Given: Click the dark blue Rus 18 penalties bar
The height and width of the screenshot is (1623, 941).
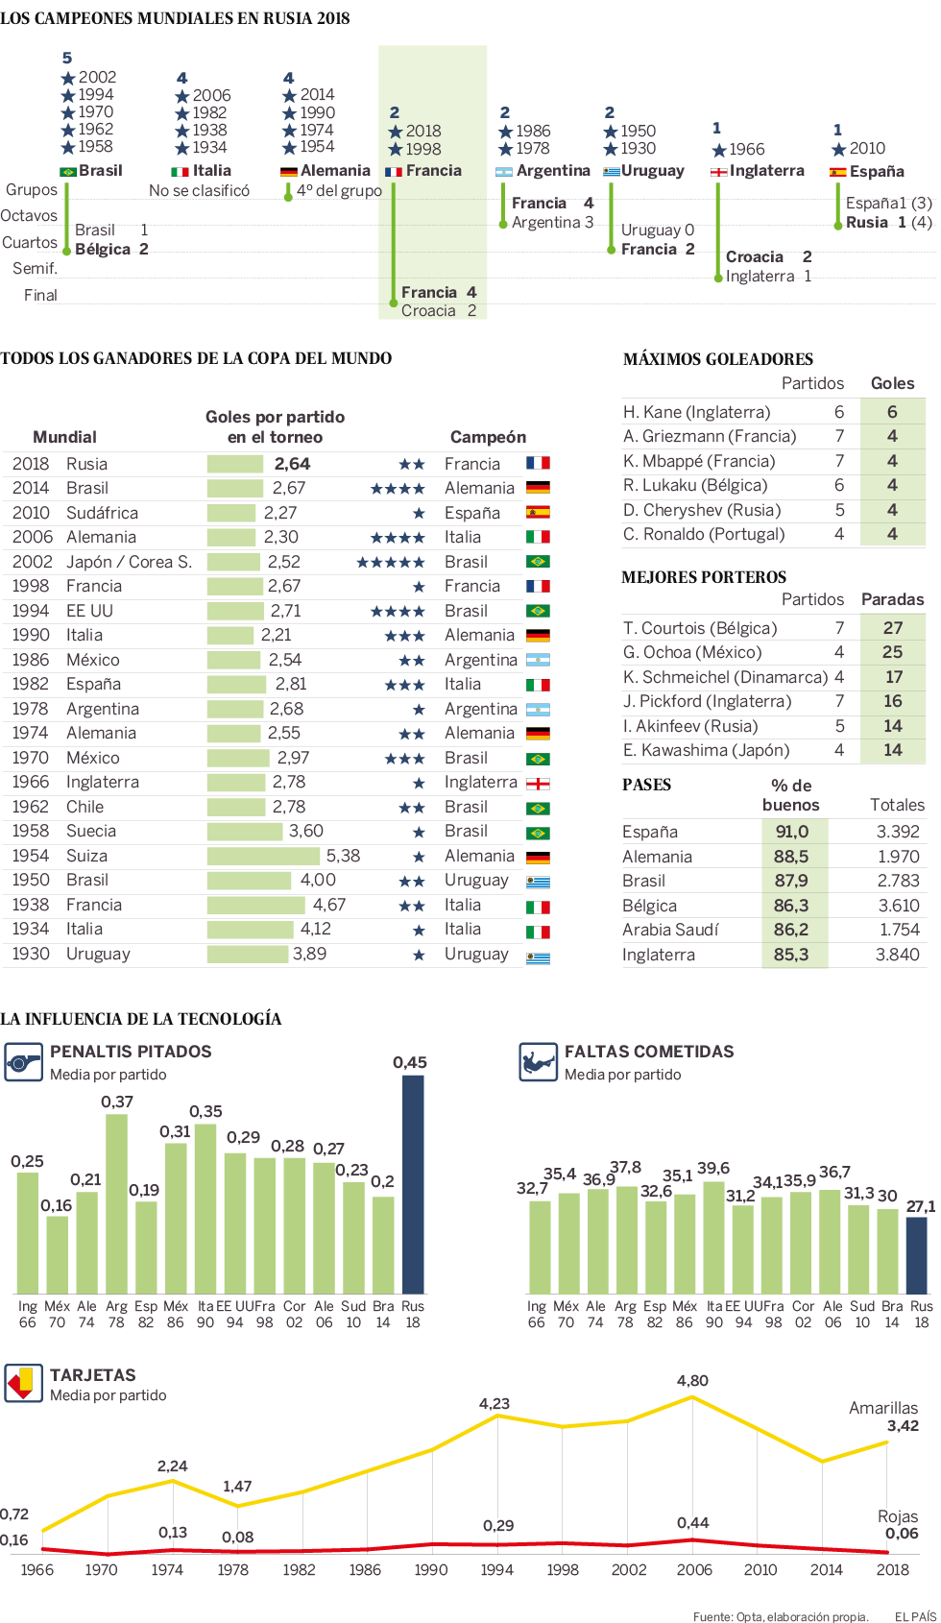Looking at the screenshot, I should (x=413, y=1183).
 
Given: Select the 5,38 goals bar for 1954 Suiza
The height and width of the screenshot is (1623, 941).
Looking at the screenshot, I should (x=263, y=856).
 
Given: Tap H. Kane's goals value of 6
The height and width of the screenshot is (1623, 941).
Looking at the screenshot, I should (x=892, y=412).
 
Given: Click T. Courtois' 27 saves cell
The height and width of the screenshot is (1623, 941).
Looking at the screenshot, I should (x=892, y=628).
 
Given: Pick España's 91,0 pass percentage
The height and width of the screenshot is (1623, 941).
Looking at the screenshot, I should (x=792, y=832).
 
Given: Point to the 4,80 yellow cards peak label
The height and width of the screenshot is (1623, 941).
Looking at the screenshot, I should (x=692, y=1380).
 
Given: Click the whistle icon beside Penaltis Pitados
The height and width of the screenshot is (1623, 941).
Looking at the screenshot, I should (x=23, y=1063).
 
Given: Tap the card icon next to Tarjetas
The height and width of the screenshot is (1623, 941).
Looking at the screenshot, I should (x=23, y=1384).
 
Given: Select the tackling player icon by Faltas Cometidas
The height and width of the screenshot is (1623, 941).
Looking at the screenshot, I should (x=538, y=1063).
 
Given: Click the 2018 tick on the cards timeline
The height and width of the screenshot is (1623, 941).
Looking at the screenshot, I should (x=892, y=1569).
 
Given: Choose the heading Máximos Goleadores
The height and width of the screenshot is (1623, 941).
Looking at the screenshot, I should (x=718, y=359).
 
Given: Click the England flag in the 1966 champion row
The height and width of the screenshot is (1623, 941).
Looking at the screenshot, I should (x=538, y=783).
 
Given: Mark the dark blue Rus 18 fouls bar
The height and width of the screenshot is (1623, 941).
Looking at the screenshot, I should (x=917, y=1254).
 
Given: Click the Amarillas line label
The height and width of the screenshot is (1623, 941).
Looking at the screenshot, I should (x=883, y=1408).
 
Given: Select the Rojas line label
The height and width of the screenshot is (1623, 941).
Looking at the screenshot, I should (x=898, y=1516).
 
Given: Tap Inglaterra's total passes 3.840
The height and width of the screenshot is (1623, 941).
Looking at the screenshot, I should (x=897, y=955).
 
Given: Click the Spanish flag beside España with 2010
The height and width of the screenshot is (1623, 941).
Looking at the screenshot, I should (x=838, y=173).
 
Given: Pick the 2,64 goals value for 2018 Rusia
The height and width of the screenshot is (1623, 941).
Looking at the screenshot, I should (x=292, y=464).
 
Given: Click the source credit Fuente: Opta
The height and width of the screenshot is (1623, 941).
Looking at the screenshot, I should (x=780, y=1616).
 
